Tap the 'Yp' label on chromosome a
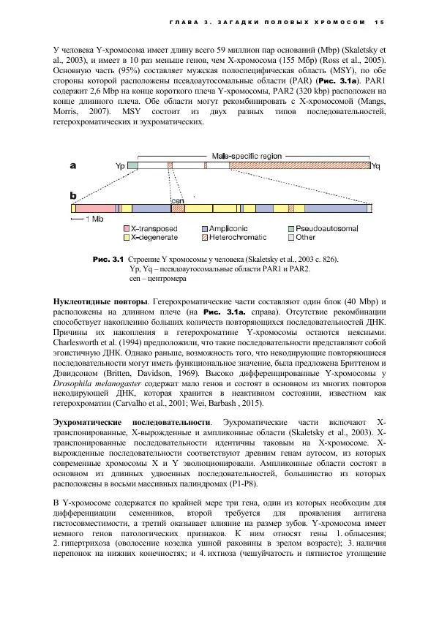point(120,167)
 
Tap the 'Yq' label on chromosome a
point(376,167)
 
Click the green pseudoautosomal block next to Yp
point(132,167)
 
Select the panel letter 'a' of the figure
point(74,166)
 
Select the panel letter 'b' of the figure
point(74,196)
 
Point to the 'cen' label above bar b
point(177,200)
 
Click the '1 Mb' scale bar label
point(94,219)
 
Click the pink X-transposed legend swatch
point(127,229)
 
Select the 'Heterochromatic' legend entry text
point(238,238)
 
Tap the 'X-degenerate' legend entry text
point(157,238)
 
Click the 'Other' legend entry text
point(307,238)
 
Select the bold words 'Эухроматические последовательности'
point(132,423)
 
